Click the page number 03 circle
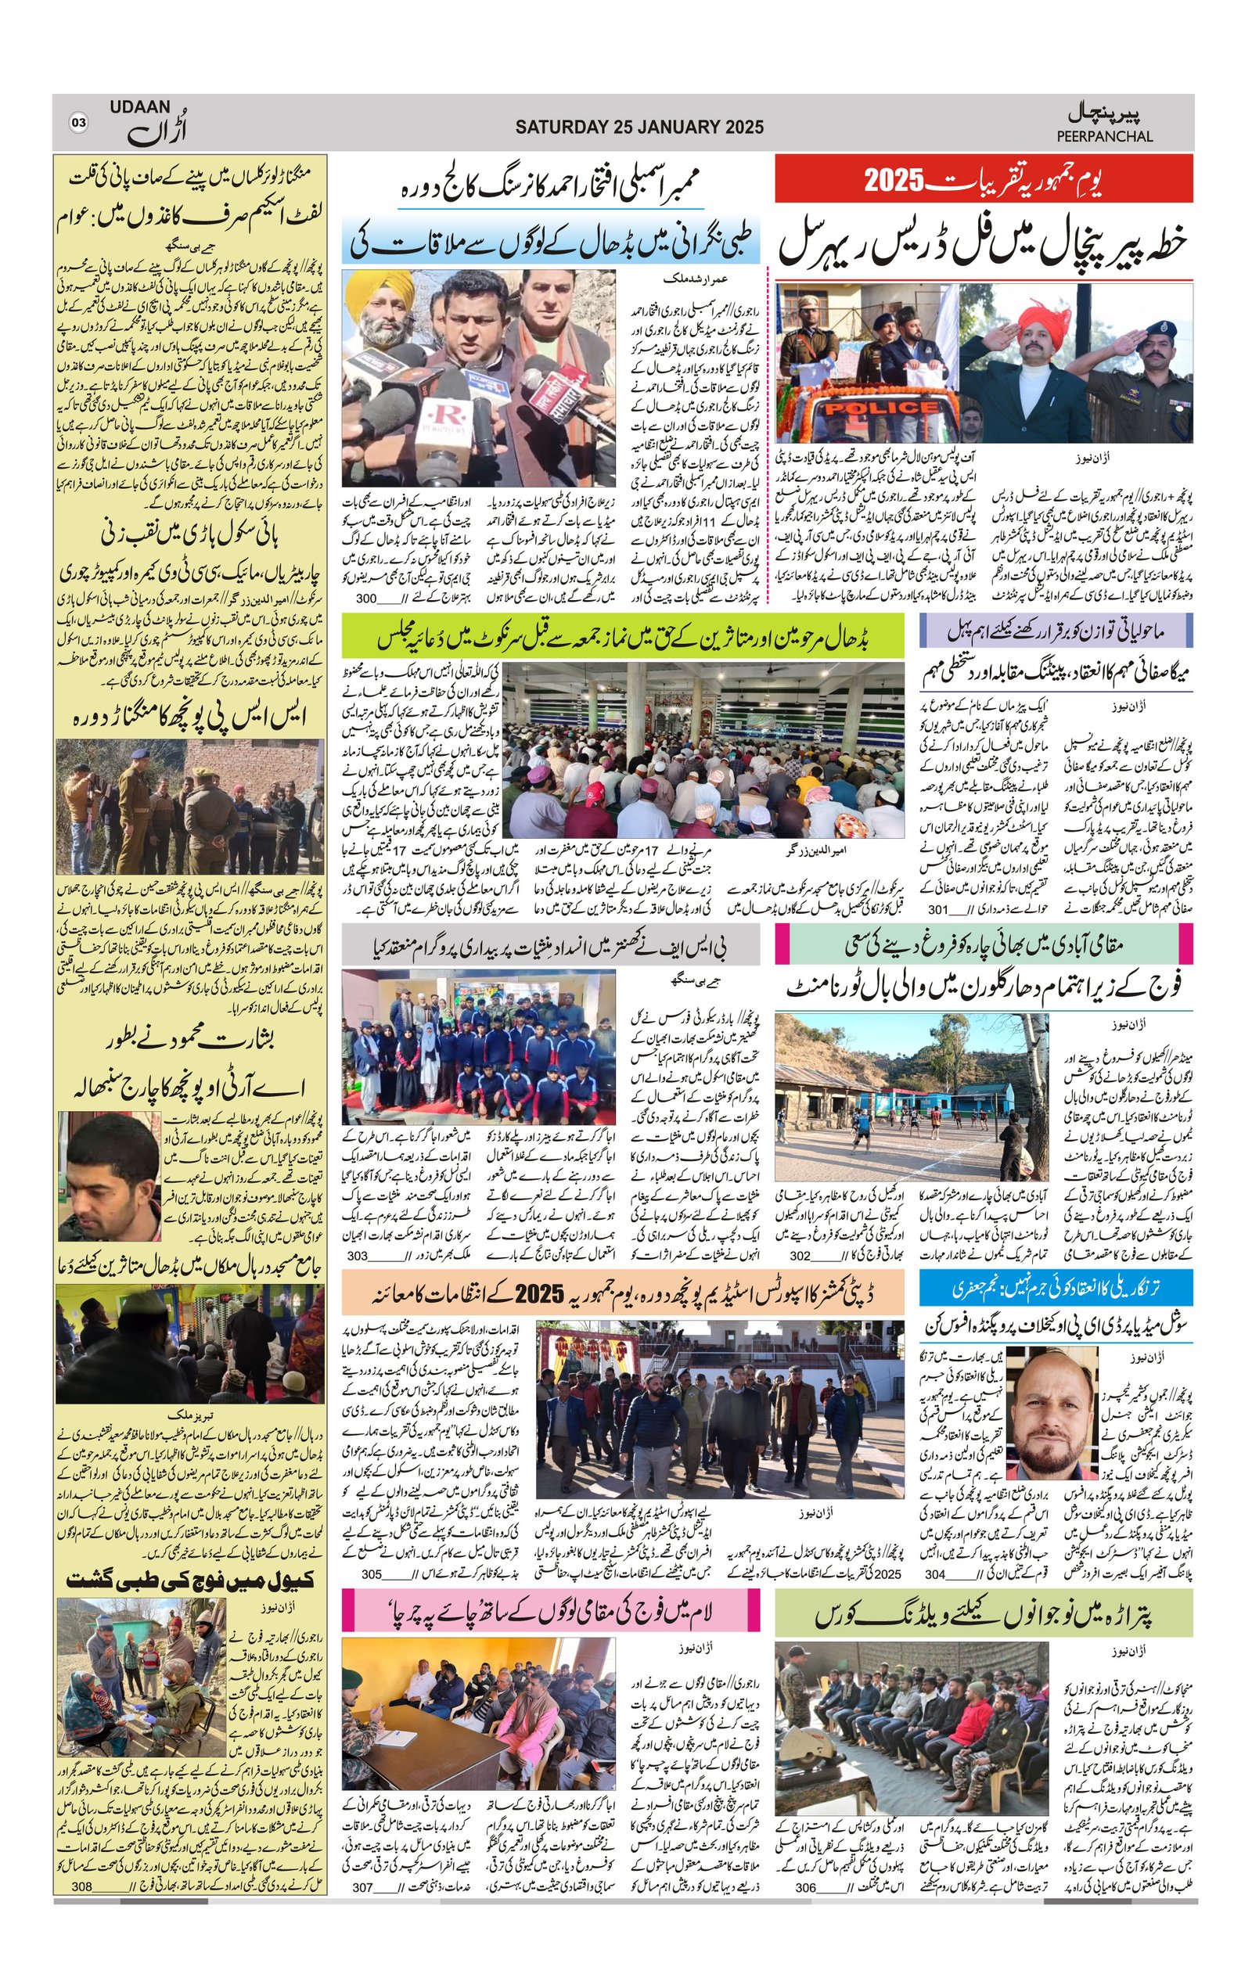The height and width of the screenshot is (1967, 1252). tap(78, 124)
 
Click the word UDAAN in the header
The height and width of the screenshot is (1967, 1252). tap(141, 107)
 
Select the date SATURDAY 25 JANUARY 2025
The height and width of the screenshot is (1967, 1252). tap(639, 127)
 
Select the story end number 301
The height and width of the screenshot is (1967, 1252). tap(937, 909)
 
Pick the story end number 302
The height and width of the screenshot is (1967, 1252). tap(800, 1256)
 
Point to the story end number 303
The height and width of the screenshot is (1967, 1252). tap(357, 1256)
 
